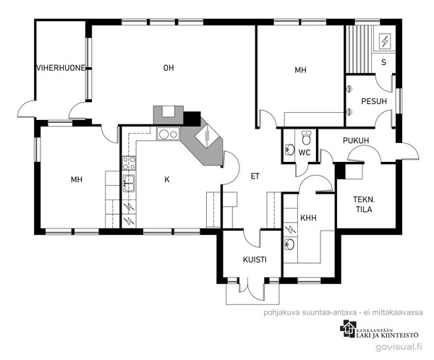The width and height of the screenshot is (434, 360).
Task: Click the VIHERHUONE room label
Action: point(61,68)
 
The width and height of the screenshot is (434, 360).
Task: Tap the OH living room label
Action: point(169,68)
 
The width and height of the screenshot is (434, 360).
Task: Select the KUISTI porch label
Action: point(255,260)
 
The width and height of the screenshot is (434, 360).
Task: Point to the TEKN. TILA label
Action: point(364,205)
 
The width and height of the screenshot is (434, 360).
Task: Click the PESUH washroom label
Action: point(374,101)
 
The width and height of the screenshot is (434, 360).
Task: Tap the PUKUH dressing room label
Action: point(356,140)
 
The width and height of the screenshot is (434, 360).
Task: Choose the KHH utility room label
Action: point(308,218)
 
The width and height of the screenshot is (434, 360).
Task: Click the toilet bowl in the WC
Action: point(307,138)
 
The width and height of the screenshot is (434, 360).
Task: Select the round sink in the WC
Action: point(289,150)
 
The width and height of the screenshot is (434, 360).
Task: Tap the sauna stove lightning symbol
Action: point(385,41)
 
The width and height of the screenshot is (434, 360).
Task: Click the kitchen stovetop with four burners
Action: point(129,163)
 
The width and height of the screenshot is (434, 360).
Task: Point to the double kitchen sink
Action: point(129,183)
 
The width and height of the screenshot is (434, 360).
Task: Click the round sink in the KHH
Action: point(289,244)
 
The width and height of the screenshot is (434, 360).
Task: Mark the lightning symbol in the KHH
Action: point(290,229)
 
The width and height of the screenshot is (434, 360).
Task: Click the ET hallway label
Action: point(255,176)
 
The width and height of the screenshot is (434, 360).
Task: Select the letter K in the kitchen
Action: point(167,179)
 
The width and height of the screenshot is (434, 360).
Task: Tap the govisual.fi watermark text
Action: point(399,347)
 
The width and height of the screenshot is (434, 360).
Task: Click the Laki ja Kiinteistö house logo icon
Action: point(349,329)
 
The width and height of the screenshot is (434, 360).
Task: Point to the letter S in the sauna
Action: point(383,63)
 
